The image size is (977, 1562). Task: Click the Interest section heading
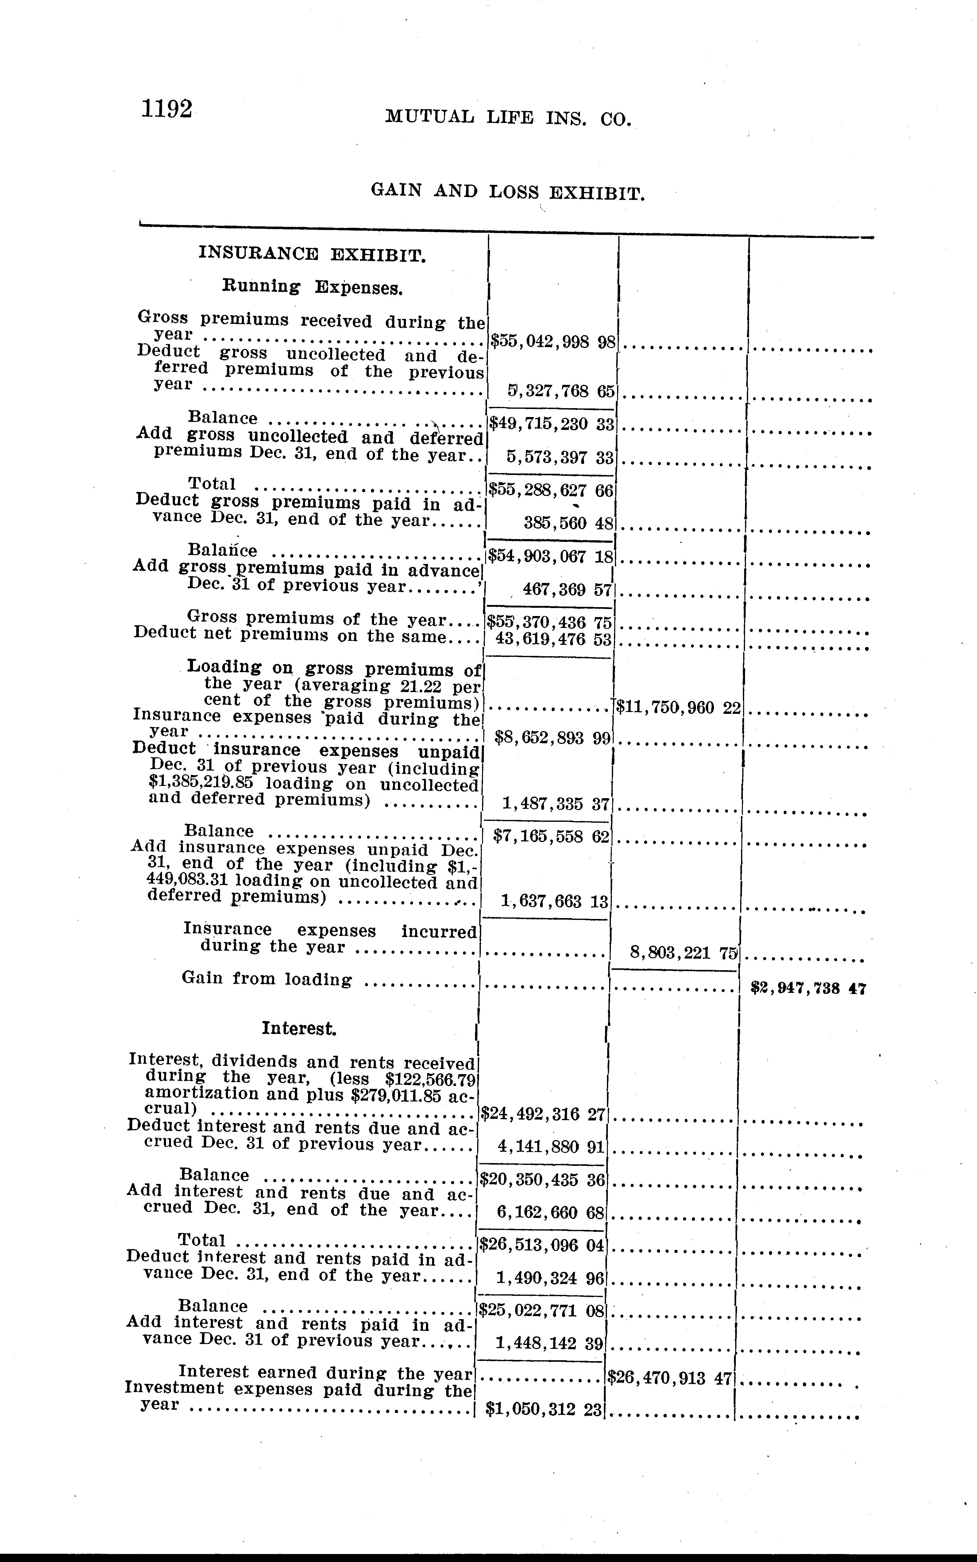[x=299, y=1028]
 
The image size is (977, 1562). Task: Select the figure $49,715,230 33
[x=551, y=424]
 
